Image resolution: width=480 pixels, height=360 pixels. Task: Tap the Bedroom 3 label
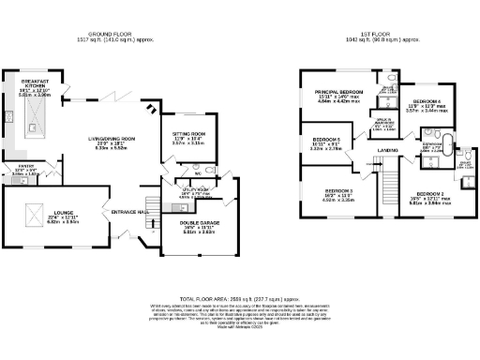[341, 192]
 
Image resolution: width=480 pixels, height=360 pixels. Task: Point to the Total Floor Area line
[240, 292]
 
